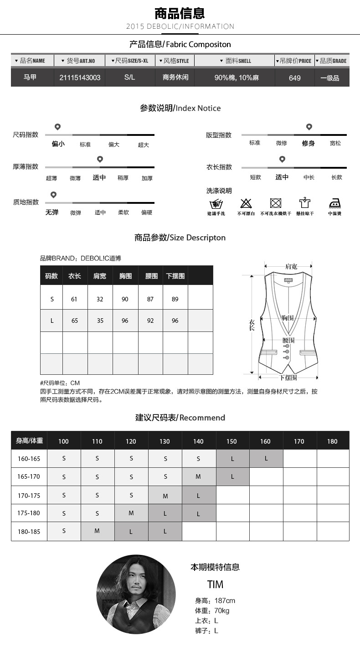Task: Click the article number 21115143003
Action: point(80,78)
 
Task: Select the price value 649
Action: point(294,78)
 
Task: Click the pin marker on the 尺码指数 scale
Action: point(57,127)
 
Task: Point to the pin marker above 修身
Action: point(309,127)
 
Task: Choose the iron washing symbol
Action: point(335,203)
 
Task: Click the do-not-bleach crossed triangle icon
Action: point(246,203)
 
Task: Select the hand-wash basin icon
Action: point(216,203)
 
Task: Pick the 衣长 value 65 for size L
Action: point(75,321)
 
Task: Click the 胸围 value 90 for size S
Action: point(125,299)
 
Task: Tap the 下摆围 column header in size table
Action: point(175,276)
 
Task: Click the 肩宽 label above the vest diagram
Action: point(291,266)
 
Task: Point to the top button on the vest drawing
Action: point(287,346)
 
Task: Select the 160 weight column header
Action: point(265,441)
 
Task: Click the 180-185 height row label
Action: point(29,531)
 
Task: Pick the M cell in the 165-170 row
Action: point(198,476)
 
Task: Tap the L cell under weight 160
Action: point(266,458)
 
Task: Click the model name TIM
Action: point(215,585)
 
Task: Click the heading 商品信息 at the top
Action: point(180,13)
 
